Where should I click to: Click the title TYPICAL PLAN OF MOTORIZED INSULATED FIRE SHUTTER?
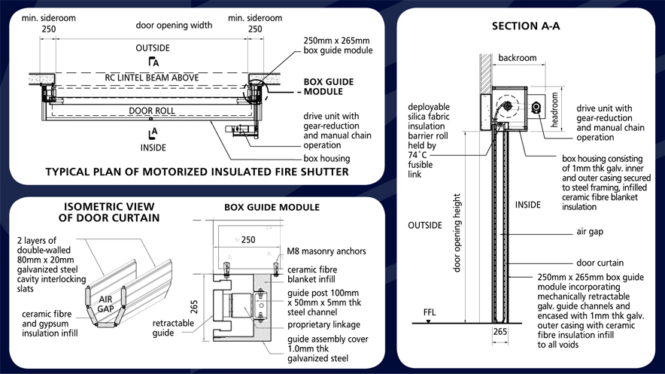click(197, 172)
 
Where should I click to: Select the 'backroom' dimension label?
click(517, 57)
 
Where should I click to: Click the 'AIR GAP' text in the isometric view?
click(107, 303)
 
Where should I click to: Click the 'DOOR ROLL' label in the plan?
click(150, 111)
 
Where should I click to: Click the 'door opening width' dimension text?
click(174, 25)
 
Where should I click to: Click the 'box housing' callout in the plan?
click(327, 159)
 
